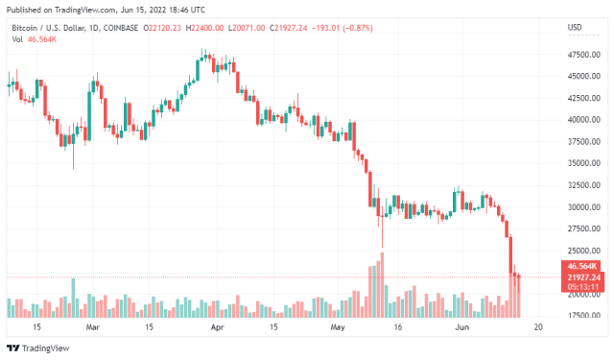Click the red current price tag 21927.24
[583, 276]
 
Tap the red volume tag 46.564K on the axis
[583, 266]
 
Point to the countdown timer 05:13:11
[583, 286]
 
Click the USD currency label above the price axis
[575, 27]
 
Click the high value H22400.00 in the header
[204, 27]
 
